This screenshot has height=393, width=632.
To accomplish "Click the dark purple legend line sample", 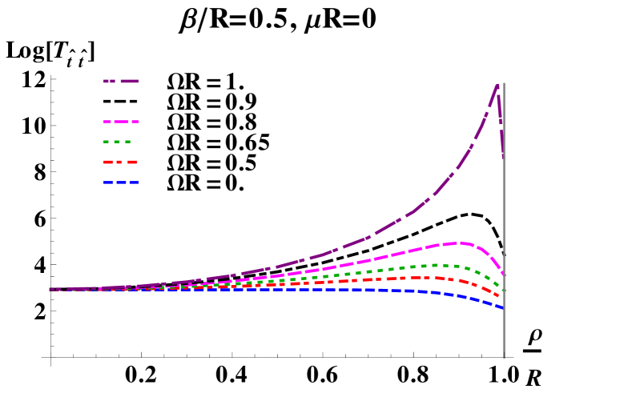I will pyautogui.click(x=121, y=81).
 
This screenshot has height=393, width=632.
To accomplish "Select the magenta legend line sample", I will pyautogui.click(x=121, y=122).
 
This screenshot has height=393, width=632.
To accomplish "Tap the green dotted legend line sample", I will pyautogui.click(x=117, y=142).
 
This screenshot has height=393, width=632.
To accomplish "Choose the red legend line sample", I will pyautogui.click(x=120, y=162).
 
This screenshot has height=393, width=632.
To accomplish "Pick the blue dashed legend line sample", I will pyautogui.click(x=121, y=182).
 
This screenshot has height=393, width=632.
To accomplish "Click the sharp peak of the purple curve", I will pyautogui.click(x=497, y=84).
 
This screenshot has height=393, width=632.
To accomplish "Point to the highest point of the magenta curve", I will pyautogui.click(x=458, y=242).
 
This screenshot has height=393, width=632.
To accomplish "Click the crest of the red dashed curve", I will pyautogui.click(x=421, y=278).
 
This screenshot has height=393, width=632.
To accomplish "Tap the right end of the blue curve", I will pyautogui.click(x=503, y=307).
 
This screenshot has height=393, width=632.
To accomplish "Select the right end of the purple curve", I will pyautogui.click(x=503, y=158).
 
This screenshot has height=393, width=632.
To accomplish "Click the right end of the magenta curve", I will pyautogui.click(x=504, y=275).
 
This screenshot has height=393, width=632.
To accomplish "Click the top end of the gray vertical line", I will pyautogui.click(x=503, y=83).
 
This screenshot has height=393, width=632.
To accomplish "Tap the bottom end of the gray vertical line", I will pyautogui.click(x=503, y=357).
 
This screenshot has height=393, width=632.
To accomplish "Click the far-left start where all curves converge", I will pyautogui.click(x=50, y=289).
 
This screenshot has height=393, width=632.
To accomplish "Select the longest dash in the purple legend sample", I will pyautogui.click(x=130, y=81).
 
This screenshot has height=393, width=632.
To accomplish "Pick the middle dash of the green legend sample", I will pyautogui.click(x=117, y=142).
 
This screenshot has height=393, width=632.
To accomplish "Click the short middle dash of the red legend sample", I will pyautogui.click(x=119, y=162).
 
